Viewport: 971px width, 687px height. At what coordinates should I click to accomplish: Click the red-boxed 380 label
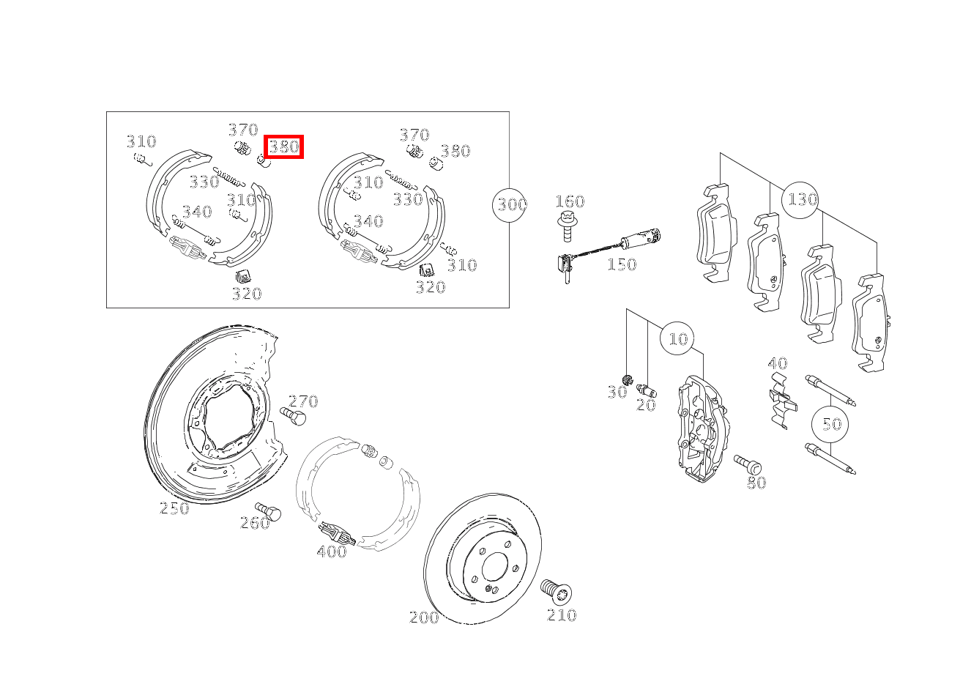[284, 146]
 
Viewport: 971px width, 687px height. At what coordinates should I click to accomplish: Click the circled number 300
[510, 204]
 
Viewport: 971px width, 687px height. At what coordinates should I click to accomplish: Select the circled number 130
[800, 200]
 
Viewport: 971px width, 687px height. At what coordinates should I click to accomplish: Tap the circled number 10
[677, 339]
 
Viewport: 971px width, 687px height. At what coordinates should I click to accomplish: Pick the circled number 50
[830, 424]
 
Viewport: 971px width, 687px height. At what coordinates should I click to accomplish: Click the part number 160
[570, 201]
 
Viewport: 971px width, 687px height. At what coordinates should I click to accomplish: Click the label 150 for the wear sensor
[622, 264]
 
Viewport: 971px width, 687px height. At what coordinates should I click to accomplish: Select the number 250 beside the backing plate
[174, 508]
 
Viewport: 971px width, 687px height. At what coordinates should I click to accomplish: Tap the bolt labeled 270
[293, 416]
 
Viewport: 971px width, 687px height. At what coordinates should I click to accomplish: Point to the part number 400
[332, 552]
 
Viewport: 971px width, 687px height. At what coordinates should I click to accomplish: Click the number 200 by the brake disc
[424, 617]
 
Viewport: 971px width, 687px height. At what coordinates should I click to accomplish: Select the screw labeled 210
[556, 591]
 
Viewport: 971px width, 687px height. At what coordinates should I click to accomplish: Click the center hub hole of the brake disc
[494, 566]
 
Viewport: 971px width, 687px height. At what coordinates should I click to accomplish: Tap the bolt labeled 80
[748, 464]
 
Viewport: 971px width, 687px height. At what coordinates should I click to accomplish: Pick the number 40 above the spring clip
[778, 363]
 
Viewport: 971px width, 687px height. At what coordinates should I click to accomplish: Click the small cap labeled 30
[628, 380]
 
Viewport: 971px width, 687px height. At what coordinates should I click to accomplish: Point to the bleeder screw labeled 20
[647, 390]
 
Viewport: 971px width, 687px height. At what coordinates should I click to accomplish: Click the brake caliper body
[702, 429]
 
